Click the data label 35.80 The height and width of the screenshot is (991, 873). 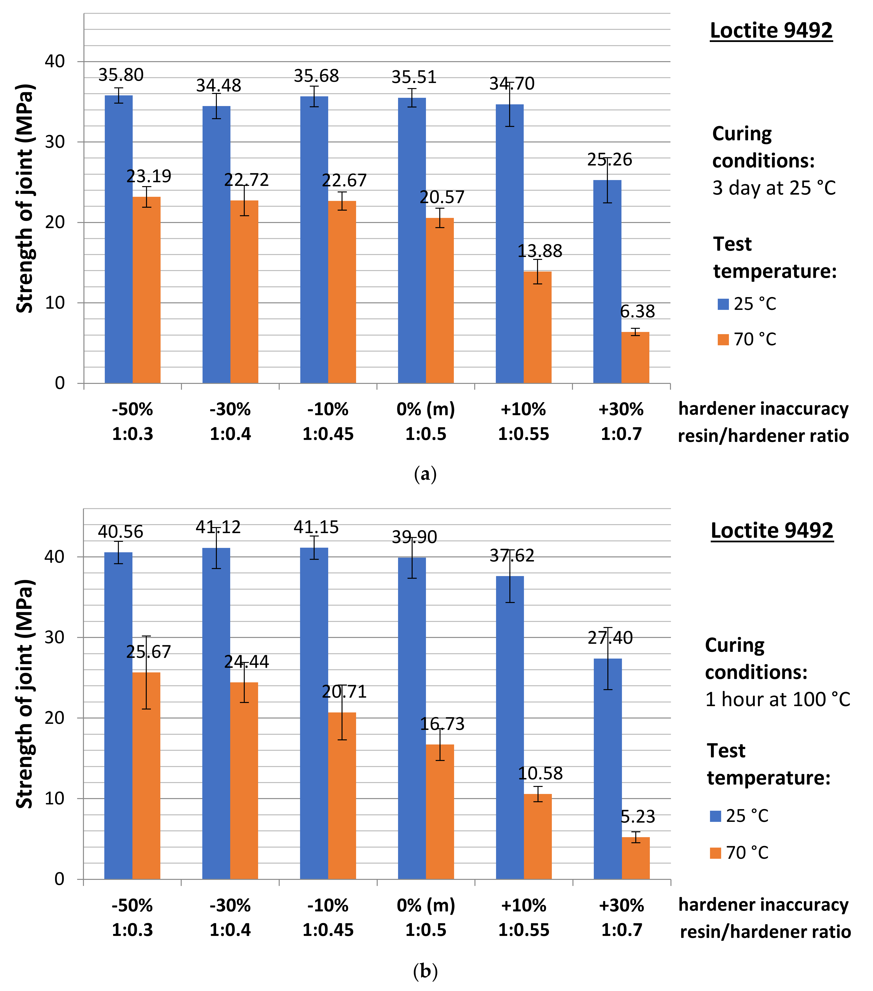(x=121, y=75)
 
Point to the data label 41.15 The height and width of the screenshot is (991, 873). (x=316, y=527)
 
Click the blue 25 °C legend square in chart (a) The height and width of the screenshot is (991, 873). (x=723, y=304)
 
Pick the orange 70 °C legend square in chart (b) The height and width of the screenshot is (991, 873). (x=715, y=853)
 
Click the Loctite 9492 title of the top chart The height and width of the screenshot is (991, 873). (x=771, y=31)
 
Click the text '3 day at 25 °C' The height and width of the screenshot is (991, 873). (x=774, y=188)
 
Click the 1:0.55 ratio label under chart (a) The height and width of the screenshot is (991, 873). (x=523, y=434)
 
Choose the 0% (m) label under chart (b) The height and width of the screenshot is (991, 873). (x=426, y=905)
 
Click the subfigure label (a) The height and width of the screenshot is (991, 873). (x=425, y=474)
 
